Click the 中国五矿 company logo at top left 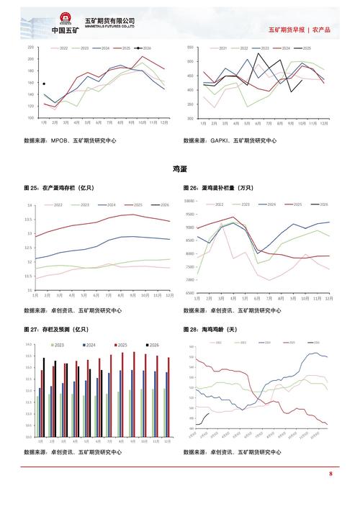coord(64,22)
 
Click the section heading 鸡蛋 coord(179,168)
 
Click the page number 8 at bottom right coord(330,474)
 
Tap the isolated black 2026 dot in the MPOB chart coord(44,84)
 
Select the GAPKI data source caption coord(230,141)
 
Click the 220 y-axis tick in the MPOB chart coord(30,48)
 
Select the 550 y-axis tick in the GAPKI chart coord(190,48)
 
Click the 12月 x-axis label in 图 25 coord(169,296)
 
